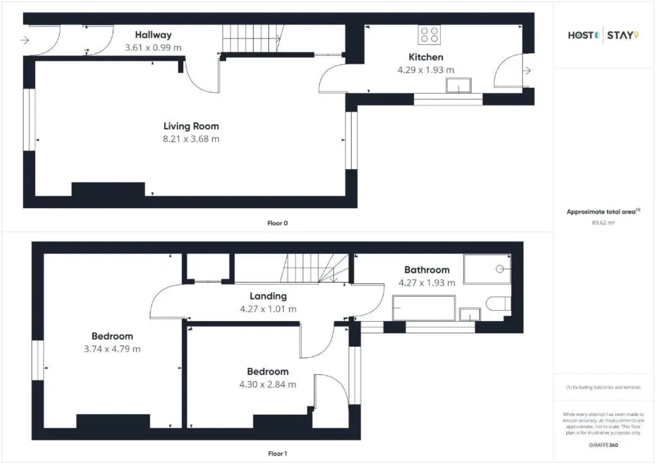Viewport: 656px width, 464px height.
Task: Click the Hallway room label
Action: tap(153, 35)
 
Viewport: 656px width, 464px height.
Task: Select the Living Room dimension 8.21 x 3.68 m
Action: tap(191, 139)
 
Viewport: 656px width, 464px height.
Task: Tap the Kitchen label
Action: tap(425, 57)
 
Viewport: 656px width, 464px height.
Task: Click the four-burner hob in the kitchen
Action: tap(429, 35)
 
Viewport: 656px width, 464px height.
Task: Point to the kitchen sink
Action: tap(459, 85)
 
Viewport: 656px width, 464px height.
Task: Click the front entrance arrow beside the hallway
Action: tap(25, 40)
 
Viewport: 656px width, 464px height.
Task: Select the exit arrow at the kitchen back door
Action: tap(527, 70)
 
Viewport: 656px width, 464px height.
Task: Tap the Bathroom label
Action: tap(427, 270)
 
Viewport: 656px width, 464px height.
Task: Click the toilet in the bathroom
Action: tap(498, 304)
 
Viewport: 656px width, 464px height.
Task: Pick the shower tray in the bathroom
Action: tap(487, 269)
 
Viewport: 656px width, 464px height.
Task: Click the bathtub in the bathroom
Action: tap(424, 308)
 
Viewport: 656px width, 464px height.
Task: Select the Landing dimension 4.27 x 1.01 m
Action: tap(268, 309)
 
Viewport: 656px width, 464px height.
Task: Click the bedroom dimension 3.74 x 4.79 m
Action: tap(112, 349)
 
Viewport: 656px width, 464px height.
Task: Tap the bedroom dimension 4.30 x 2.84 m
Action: tap(267, 385)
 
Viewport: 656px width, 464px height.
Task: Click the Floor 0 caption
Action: tap(277, 223)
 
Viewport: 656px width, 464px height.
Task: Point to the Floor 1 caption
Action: tap(277, 454)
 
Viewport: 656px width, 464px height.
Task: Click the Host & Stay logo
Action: tap(603, 35)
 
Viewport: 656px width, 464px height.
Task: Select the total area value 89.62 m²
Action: tap(603, 223)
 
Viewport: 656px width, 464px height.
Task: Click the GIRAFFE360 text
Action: tap(603, 445)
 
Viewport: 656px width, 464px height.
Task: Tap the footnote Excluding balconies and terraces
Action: tap(603, 388)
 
